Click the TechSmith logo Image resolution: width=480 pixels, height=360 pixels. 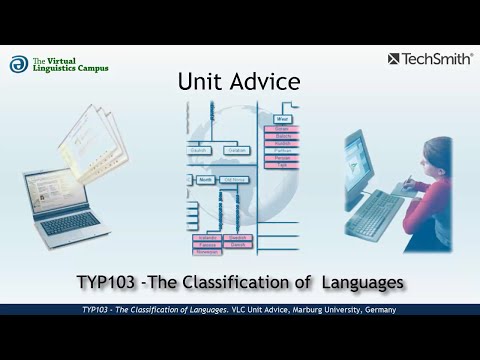coord(430,59)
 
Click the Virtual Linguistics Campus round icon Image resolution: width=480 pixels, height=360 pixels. coord(18,64)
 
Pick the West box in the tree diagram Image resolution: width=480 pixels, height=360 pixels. coord(283,118)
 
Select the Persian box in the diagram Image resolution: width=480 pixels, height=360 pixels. coord(282,157)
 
